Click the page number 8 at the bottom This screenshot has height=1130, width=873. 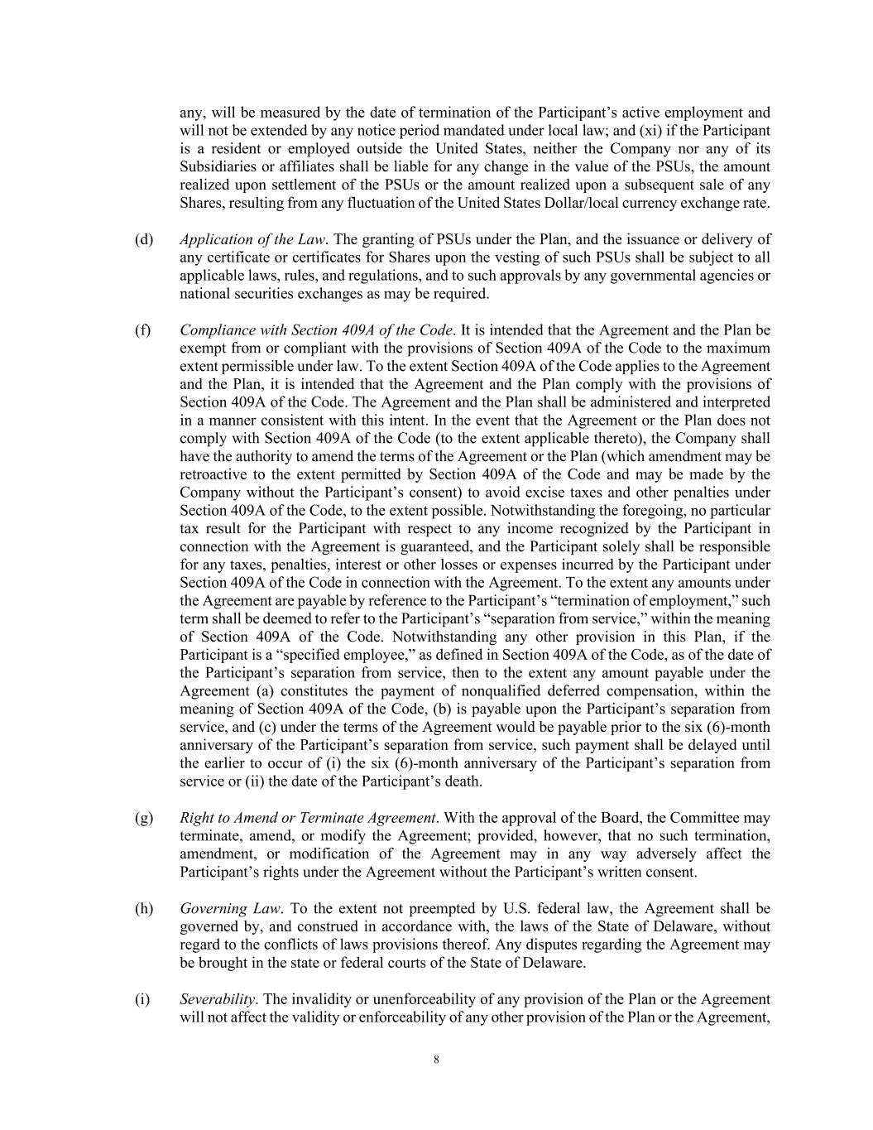click(436, 1060)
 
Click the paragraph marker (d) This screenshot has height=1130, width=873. click(144, 240)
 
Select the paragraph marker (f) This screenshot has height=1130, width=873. click(143, 330)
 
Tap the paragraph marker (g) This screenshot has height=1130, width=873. click(144, 818)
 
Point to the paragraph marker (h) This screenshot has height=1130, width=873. click(144, 909)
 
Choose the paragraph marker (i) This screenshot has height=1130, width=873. click(142, 999)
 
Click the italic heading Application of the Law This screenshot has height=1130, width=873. click(252, 240)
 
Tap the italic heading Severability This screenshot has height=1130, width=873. click(217, 999)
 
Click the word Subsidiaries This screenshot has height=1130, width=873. click(217, 167)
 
